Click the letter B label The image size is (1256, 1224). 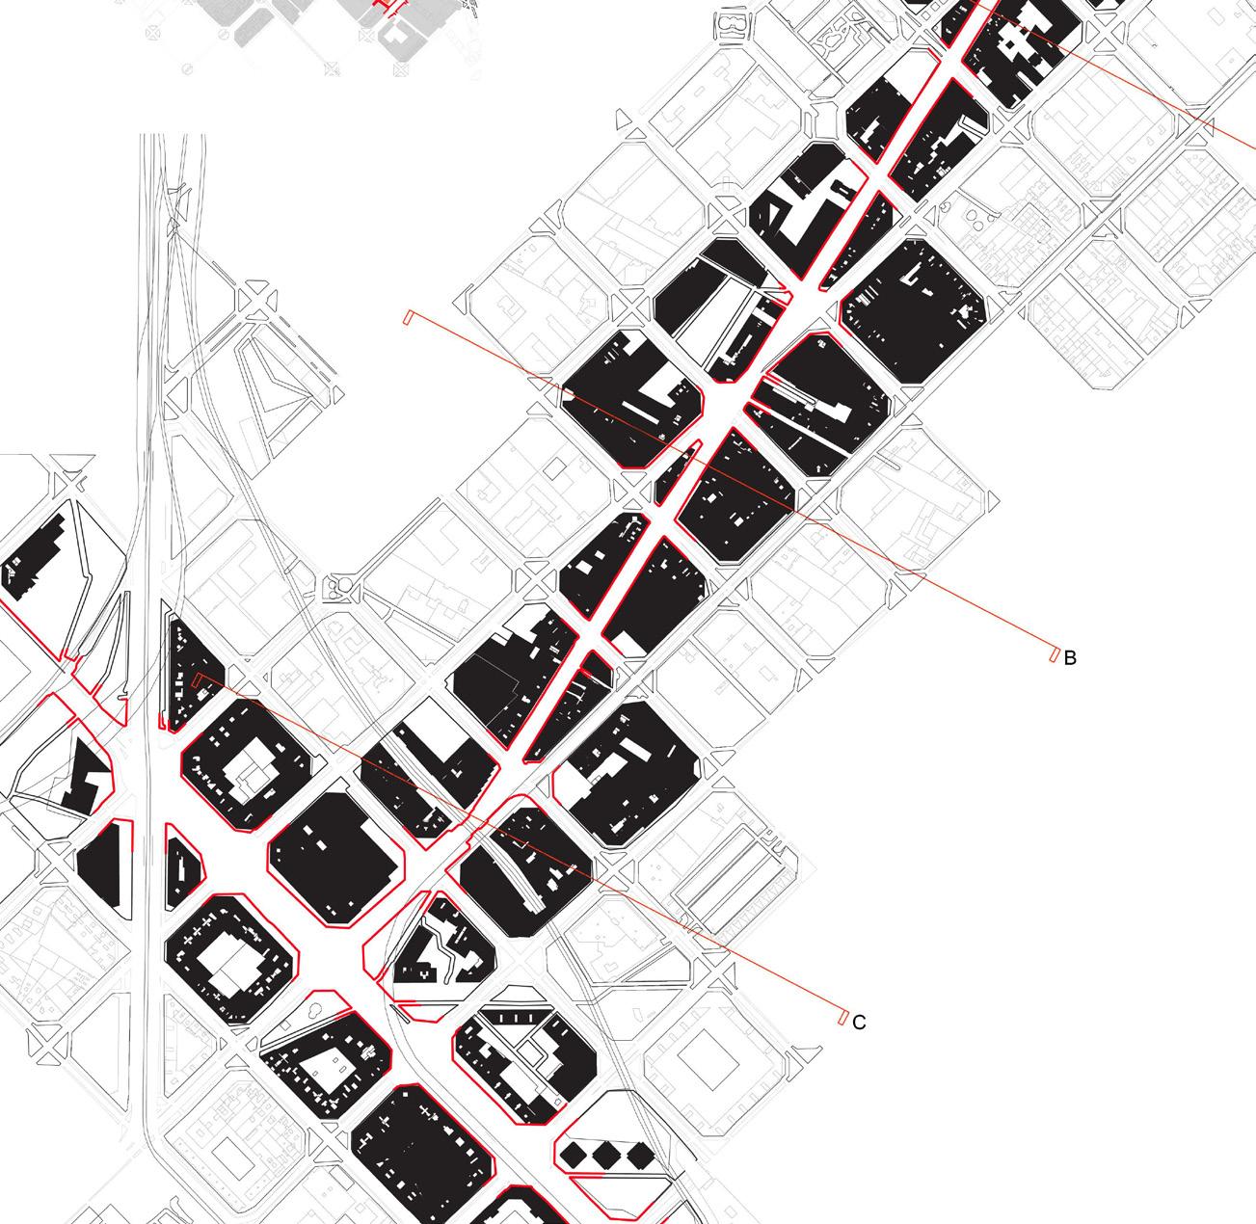[1070, 658]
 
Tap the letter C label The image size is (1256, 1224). [859, 1023]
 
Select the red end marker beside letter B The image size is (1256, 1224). [1053, 654]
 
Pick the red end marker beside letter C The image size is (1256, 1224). [842, 1017]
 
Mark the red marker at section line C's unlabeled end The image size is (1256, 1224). [198, 681]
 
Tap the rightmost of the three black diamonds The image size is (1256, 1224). [635, 1155]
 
